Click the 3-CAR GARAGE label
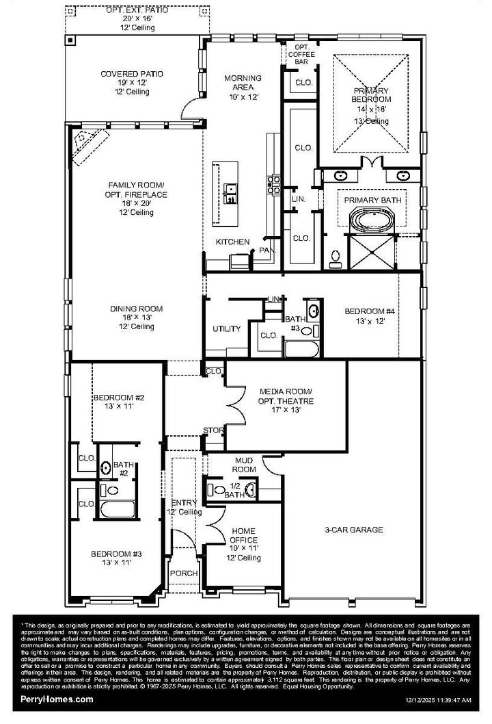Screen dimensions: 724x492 coord(354,530)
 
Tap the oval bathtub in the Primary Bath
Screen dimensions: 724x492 coord(369,221)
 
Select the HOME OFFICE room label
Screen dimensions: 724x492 coord(243,539)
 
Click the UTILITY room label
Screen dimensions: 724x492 coord(226,329)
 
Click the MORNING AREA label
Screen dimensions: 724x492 coord(243,82)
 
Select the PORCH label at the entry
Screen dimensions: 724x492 coord(183,573)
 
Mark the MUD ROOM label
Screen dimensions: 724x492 coord(245,465)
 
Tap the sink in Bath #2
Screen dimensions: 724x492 coord(106,468)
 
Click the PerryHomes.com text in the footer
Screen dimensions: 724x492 coord(57,699)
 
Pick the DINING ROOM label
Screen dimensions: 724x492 coord(137,318)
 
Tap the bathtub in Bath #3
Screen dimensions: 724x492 coord(299,350)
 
